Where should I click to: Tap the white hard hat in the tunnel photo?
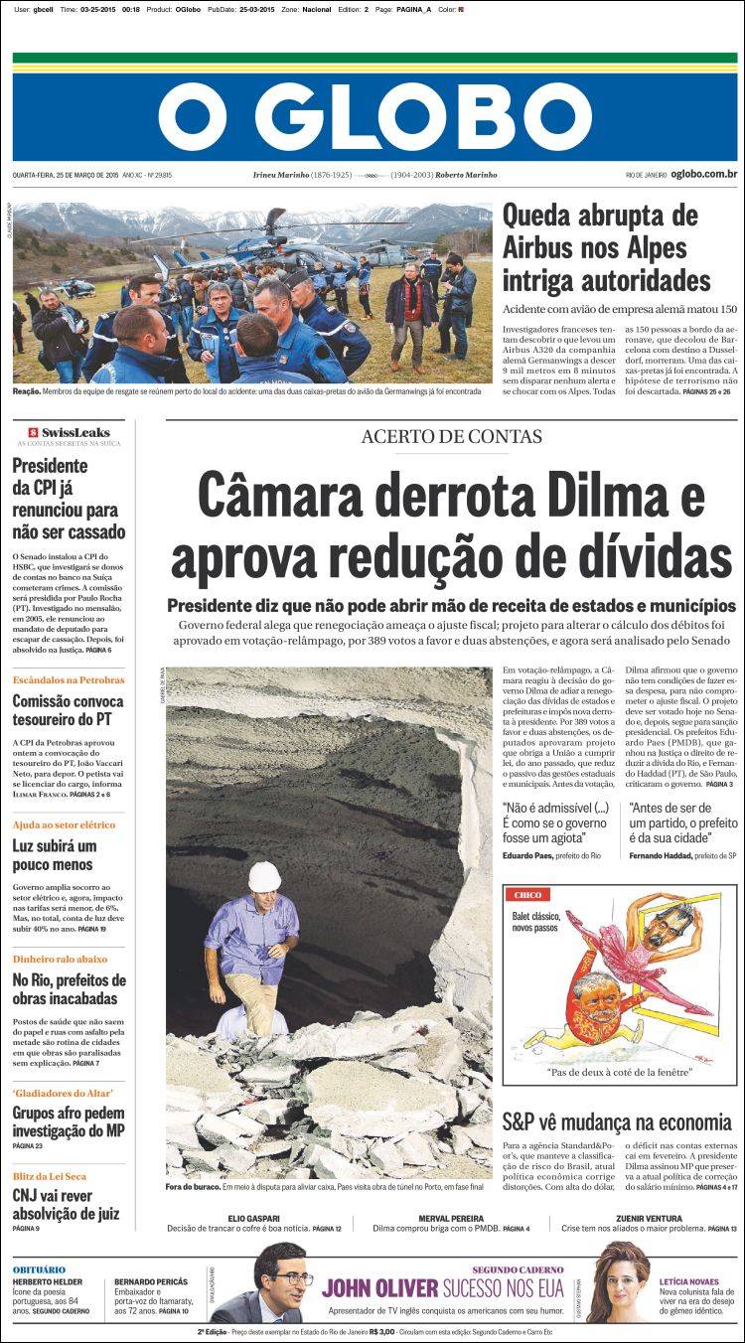[x=264, y=876]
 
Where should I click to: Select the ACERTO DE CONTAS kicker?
[x=452, y=436]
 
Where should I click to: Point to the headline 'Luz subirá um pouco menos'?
[x=55, y=856]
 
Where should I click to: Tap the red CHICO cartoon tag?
[x=527, y=895]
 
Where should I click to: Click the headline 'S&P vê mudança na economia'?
[x=617, y=1122]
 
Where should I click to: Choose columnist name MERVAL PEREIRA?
[x=451, y=1217]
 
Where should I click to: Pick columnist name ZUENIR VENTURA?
[x=649, y=1217]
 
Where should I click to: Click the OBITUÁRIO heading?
[x=40, y=1268]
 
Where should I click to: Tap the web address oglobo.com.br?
[x=703, y=175]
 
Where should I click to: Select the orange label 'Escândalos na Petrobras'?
[x=69, y=680]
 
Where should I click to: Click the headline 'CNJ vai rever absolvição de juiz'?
[x=67, y=1204]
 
